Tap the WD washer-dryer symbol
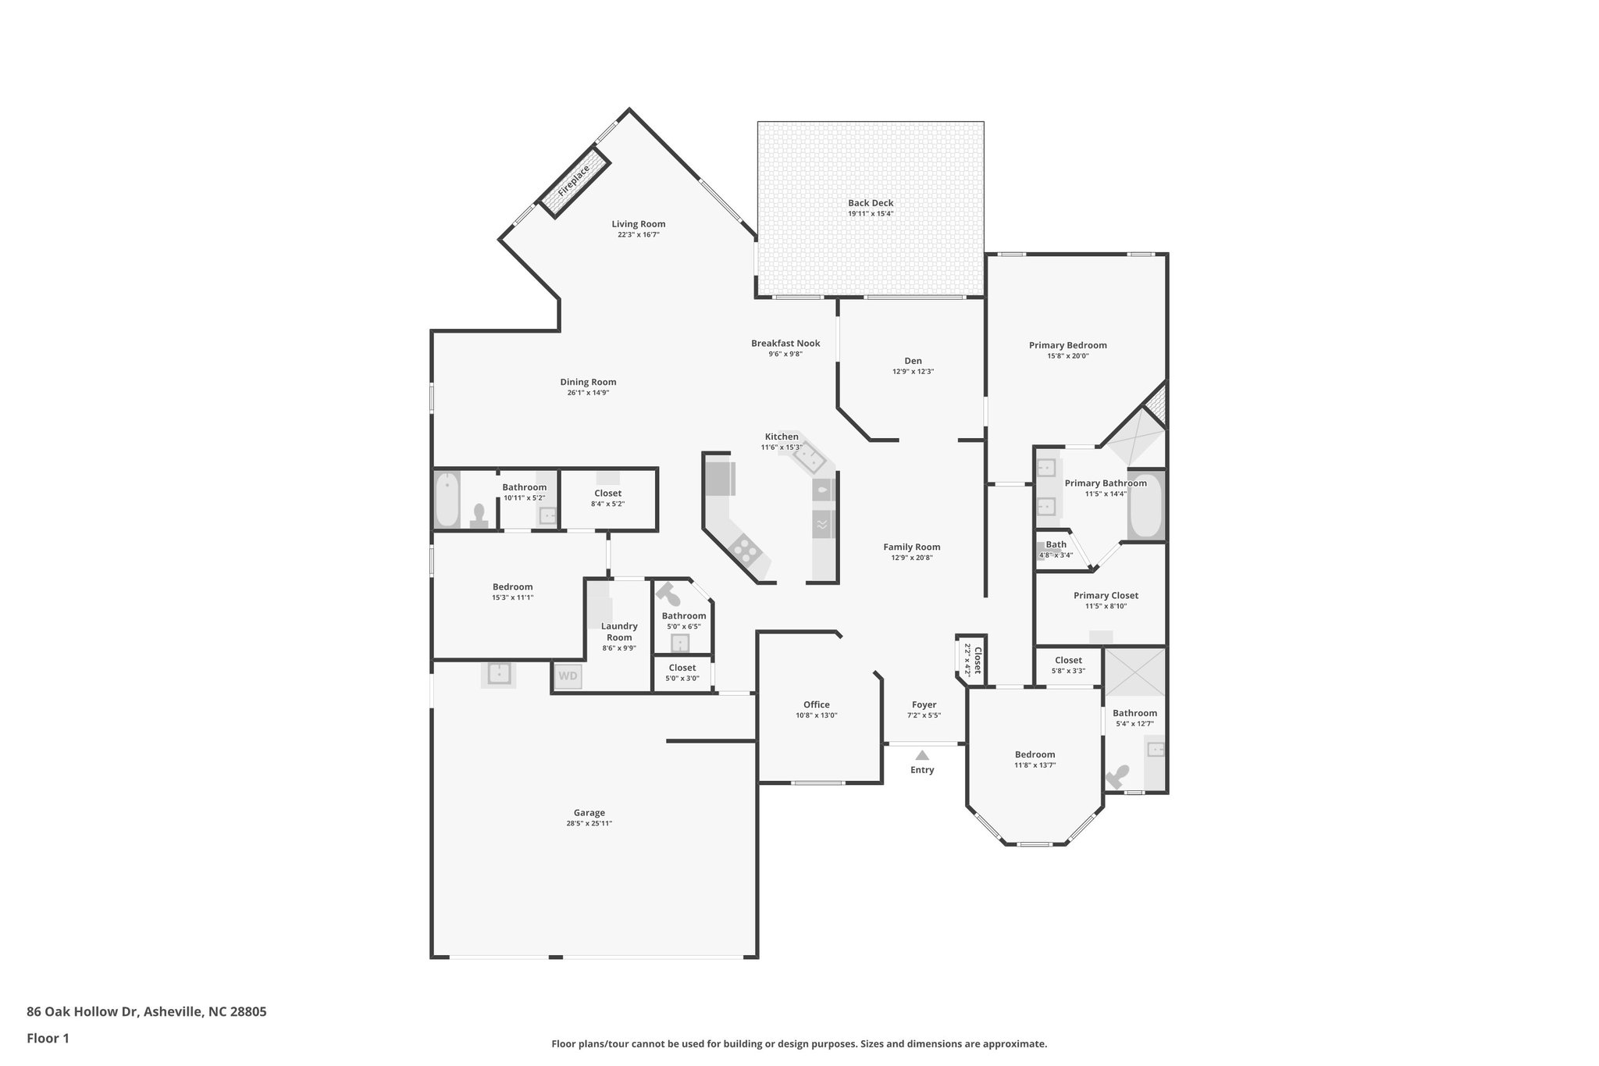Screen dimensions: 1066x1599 pos(568,676)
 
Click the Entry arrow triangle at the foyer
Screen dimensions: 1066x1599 pos(922,755)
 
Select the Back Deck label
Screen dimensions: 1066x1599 pos(871,203)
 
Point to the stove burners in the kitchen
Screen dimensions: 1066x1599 pos(746,549)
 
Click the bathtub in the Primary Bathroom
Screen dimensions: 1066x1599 pos(1145,505)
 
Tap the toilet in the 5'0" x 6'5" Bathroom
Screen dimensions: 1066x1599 pos(669,594)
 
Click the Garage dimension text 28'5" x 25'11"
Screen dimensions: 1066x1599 pos(589,823)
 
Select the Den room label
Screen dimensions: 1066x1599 pos(913,361)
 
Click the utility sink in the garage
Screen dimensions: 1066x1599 pos(498,673)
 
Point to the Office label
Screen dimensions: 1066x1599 pos(817,704)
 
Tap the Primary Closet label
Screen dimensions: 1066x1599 pos(1106,595)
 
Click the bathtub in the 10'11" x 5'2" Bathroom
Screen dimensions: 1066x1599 pos(447,500)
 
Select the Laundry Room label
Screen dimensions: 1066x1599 pos(619,631)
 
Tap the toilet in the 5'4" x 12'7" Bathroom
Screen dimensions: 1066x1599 pos(1117,776)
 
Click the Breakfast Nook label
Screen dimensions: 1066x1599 pos(785,343)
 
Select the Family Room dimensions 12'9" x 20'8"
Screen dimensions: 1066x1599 pos(911,558)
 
